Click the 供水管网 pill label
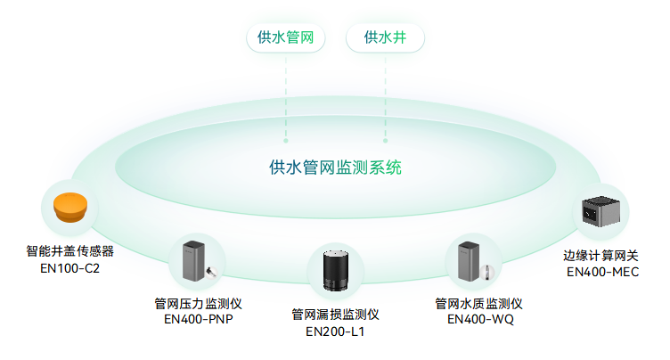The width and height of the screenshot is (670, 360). tap(285, 37)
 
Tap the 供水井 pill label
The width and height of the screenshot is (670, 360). tap(385, 37)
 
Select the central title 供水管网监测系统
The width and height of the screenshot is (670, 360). tap(335, 167)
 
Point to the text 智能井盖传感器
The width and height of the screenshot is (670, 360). tap(70, 251)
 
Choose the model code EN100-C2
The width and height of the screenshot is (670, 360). tap(70, 267)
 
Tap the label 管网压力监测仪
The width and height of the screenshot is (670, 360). tap(199, 304)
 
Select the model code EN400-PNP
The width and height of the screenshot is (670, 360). tap(199, 320)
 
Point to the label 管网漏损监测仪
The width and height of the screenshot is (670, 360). tap(336, 315)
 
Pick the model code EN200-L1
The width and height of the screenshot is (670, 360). tap(336, 331)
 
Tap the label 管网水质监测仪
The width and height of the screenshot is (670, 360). tap(478, 304)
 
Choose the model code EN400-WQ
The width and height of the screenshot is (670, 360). tap(480, 320)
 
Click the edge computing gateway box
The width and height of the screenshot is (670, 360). tap(601, 210)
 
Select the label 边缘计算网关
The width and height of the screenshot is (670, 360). tap(601, 256)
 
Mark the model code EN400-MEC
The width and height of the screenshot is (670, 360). tap(603, 272)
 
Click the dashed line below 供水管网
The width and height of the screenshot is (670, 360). tap(286, 98)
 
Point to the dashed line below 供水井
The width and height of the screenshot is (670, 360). tap(386, 98)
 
